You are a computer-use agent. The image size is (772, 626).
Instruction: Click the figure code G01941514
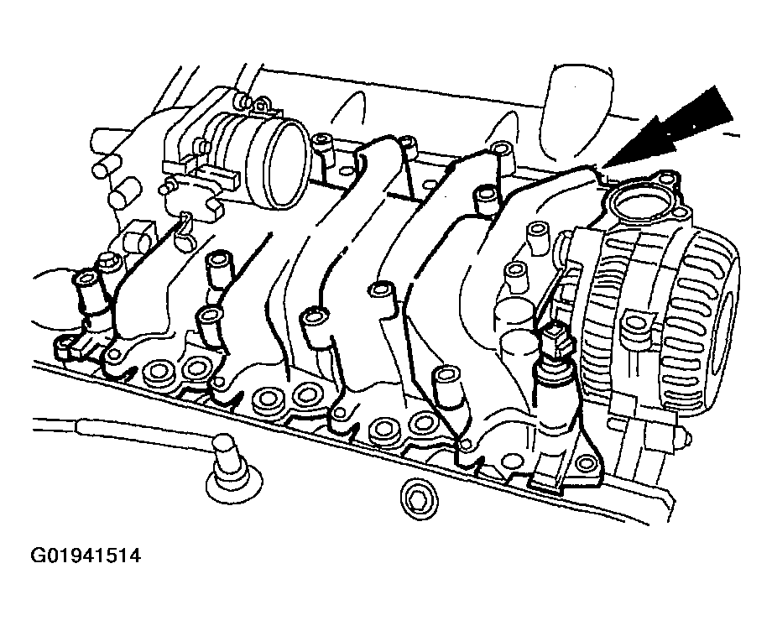pos(86,556)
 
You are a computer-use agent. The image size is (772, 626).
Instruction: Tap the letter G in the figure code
pos(38,556)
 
